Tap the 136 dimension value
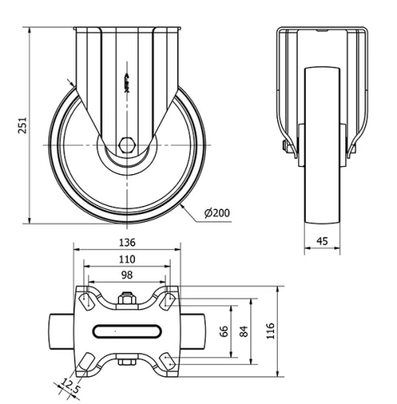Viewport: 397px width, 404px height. (127, 243)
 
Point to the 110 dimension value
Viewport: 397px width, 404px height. (127, 259)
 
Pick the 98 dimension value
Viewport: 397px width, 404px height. (127, 275)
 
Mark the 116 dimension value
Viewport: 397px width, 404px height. (271, 329)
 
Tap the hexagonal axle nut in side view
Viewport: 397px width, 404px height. (128, 146)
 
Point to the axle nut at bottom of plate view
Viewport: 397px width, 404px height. (125, 363)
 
